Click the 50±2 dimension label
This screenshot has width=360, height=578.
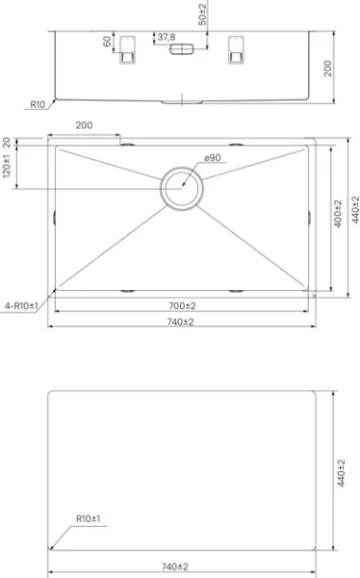click(x=202, y=13)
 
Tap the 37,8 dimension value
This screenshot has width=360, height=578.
click(x=167, y=38)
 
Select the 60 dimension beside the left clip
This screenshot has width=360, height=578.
click(x=107, y=41)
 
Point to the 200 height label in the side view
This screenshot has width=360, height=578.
click(x=327, y=68)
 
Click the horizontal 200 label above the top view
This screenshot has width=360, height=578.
click(x=84, y=125)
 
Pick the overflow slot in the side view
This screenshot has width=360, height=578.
click(x=181, y=49)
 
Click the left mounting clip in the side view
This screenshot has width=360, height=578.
click(x=127, y=50)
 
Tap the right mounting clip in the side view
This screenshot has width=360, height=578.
click(x=236, y=50)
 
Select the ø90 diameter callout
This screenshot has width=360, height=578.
click(x=213, y=158)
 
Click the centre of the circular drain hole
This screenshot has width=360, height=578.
click(x=182, y=189)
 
